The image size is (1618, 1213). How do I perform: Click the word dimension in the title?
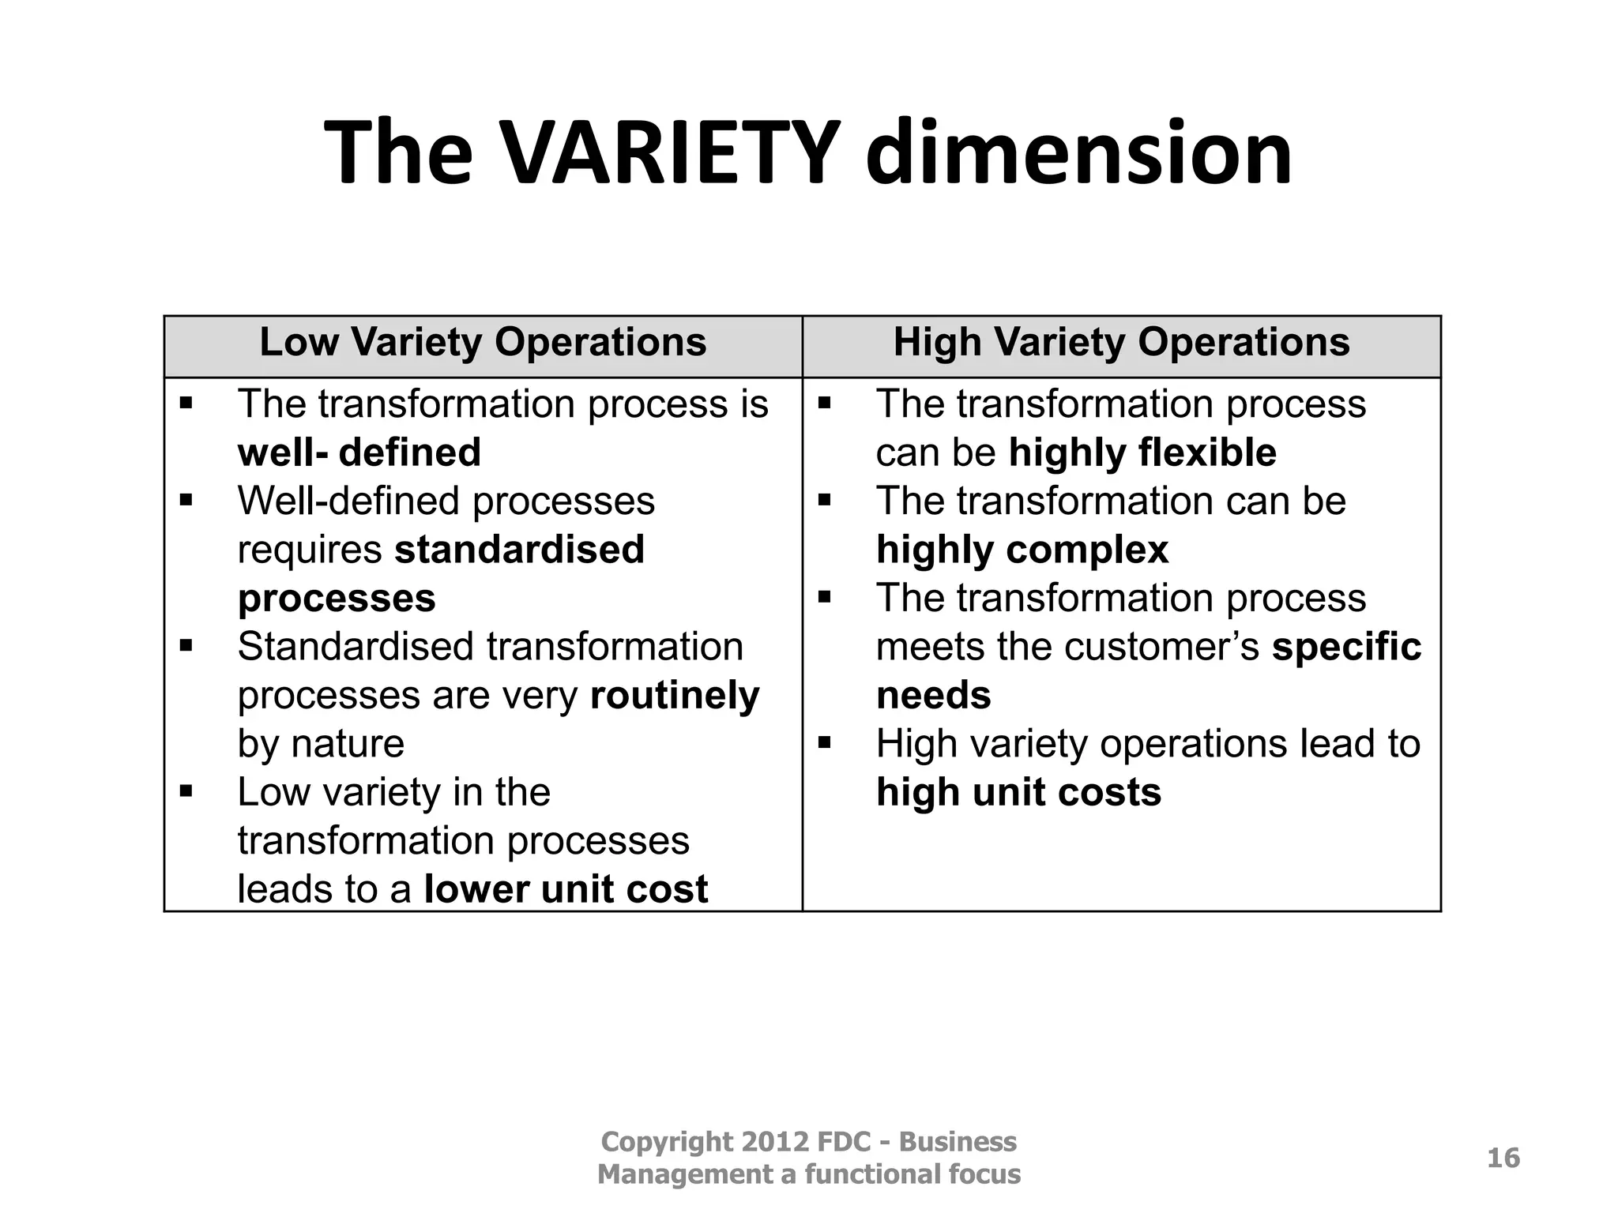[x=1078, y=152]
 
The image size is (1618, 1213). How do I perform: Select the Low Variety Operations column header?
[x=483, y=343]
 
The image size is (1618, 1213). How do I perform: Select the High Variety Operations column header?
[x=1121, y=343]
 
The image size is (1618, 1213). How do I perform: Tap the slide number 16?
[x=1503, y=1158]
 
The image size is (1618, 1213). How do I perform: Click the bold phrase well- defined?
[x=359, y=453]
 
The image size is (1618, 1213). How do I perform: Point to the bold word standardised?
[x=519, y=550]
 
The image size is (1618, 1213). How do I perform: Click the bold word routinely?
[x=675, y=696]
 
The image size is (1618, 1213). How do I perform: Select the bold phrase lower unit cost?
[x=566, y=889]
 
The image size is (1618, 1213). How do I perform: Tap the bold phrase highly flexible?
[x=1142, y=453]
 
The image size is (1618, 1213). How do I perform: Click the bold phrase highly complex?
[x=1022, y=550]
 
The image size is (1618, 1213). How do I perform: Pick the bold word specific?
[x=1346, y=647]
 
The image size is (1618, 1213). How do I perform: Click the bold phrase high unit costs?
[x=1018, y=792]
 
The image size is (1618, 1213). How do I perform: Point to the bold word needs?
[x=933, y=696]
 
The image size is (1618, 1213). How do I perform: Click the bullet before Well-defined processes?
[x=186, y=500]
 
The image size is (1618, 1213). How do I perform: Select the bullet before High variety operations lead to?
[x=825, y=743]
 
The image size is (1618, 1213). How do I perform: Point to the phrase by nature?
[x=321, y=744]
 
